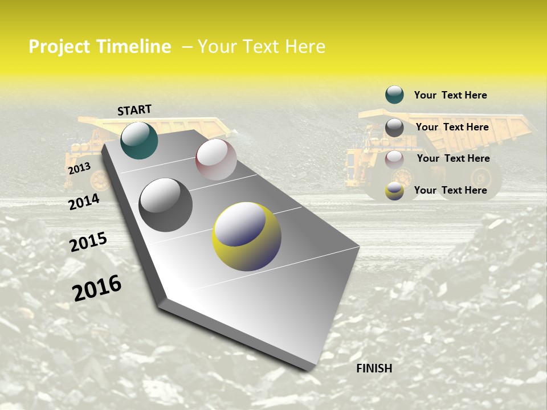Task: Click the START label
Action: pyautogui.click(x=134, y=110)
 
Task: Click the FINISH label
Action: pyautogui.click(x=374, y=368)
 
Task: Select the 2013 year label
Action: pyautogui.click(x=79, y=168)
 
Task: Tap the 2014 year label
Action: pyautogui.click(x=84, y=202)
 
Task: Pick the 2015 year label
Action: pyautogui.click(x=88, y=242)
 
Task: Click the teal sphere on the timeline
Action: pyautogui.click(x=139, y=140)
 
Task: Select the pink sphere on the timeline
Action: pyautogui.click(x=216, y=159)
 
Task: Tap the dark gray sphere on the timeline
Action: pyautogui.click(x=166, y=205)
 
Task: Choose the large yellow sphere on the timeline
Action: pyautogui.click(x=247, y=236)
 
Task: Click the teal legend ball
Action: pyautogui.click(x=394, y=95)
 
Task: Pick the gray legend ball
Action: pyautogui.click(x=394, y=128)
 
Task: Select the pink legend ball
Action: pyautogui.click(x=394, y=159)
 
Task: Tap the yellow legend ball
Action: pyautogui.click(x=394, y=191)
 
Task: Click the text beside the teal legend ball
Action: pyautogui.click(x=450, y=95)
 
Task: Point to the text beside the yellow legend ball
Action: pyautogui.click(x=450, y=190)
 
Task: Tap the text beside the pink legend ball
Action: pyautogui.click(x=453, y=158)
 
